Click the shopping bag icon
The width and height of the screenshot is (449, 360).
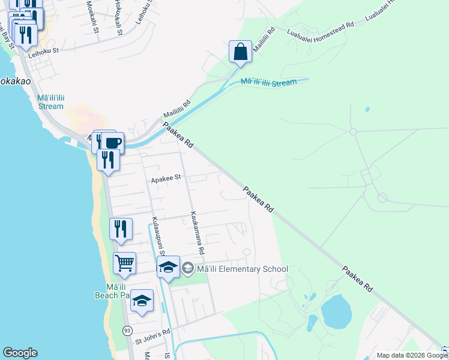[240, 52]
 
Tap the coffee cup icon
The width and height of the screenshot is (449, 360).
[112, 143]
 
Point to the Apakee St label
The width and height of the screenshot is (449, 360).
[166, 178]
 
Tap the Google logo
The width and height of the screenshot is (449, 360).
[20, 353]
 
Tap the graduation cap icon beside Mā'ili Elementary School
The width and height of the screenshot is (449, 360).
[169, 268]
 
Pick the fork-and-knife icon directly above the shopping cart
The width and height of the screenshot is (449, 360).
[121, 229]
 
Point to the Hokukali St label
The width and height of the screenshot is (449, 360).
[118, 14]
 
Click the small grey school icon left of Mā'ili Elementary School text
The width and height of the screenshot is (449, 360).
[187, 269]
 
